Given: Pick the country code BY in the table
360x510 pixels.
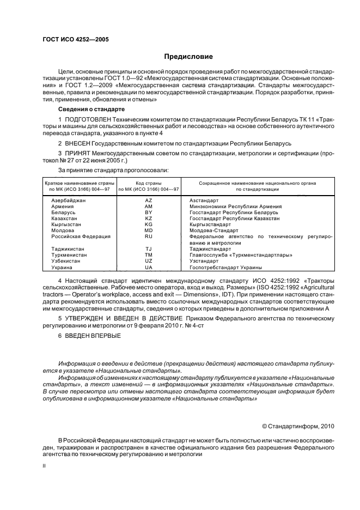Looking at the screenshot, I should click(x=148, y=212).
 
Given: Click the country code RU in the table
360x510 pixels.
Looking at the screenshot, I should click(x=148, y=236).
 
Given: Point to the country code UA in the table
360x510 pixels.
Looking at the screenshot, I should click(x=148, y=267).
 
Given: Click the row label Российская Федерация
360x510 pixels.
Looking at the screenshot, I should click(x=81, y=236).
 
